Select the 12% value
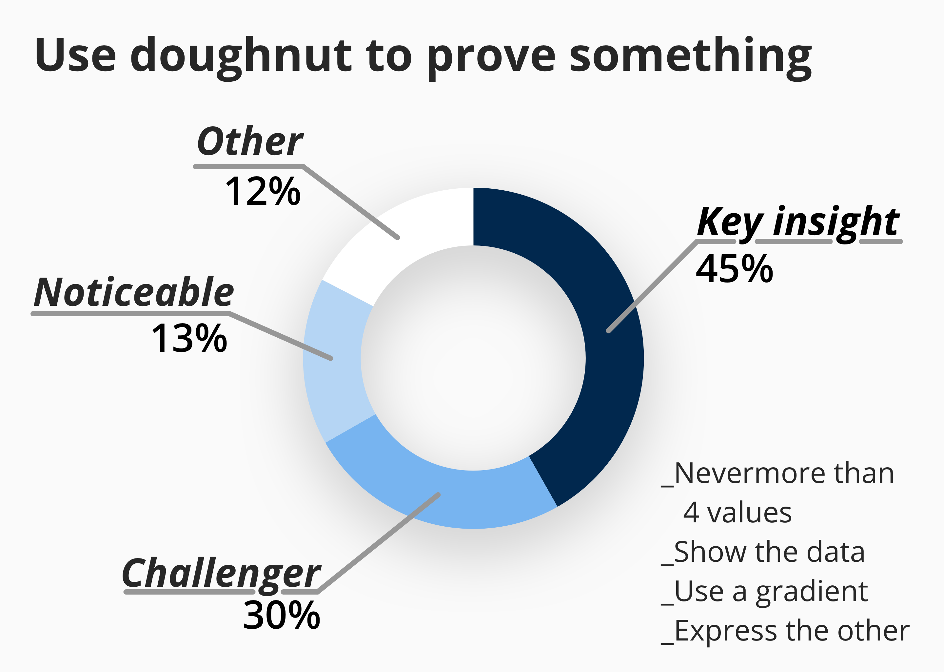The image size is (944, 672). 263,191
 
